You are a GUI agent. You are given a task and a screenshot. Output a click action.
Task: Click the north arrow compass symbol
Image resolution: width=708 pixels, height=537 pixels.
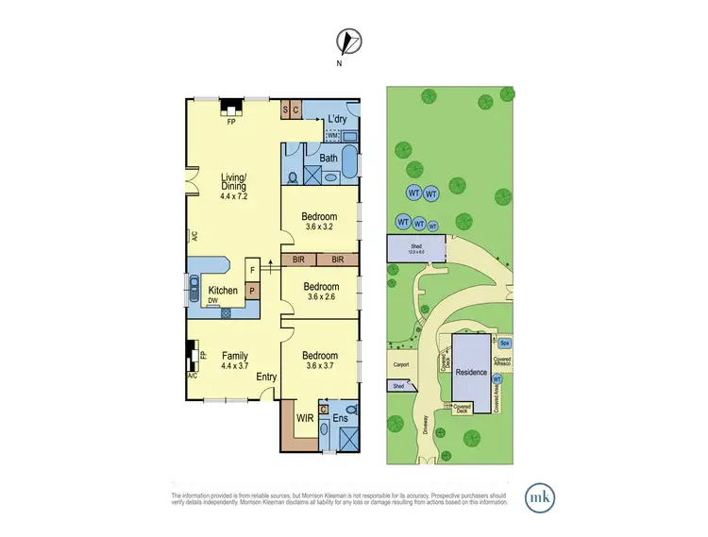tap(348, 42)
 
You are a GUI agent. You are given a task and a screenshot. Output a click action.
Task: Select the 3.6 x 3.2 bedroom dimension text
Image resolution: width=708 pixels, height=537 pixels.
tap(320, 227)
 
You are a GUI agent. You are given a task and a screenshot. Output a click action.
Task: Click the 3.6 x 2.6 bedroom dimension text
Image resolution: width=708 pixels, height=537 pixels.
tap(320, 297)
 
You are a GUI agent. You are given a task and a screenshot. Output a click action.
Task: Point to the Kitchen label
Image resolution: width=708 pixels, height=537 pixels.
tap(222, 290)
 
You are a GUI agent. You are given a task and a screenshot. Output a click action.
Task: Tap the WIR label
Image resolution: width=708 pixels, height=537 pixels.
tap(305, 415)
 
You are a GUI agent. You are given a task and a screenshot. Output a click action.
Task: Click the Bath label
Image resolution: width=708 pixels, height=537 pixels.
tap(329, 159)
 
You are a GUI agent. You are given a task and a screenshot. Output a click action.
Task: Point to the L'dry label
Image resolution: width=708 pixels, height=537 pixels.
tap(337, 120)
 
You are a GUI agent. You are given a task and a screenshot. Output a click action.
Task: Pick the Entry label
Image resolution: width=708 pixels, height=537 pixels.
tap(266, 378)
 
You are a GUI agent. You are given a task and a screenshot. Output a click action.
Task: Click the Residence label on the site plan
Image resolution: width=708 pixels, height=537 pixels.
tap(471, 373)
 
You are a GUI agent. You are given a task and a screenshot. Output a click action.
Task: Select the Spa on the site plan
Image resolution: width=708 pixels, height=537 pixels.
tap(505, 344)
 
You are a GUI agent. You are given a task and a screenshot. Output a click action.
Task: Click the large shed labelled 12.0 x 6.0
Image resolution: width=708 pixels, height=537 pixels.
tap(411, 249)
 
